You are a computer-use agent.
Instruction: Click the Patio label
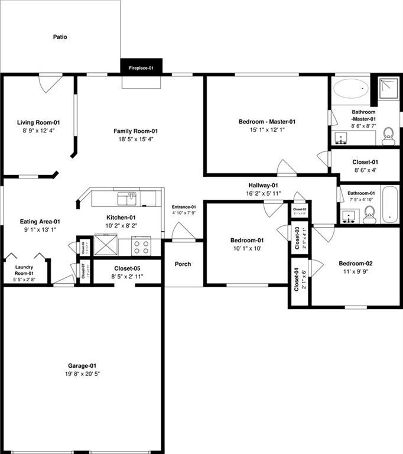[60, 37]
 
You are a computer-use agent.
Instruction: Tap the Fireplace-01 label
[141, 69]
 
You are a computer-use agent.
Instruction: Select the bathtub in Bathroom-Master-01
[351, 90]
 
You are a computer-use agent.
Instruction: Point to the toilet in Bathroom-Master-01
[388, 136]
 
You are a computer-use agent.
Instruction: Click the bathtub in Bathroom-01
[390, 204]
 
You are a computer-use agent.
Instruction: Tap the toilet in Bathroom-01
[369, 217]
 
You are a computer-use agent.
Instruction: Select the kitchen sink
[126, 197]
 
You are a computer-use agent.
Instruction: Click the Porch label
[183, 264]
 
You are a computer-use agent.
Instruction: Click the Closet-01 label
[365, 161]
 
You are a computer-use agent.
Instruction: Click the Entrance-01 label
[184, 207]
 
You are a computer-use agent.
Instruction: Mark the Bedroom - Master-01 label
[266, 122]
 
